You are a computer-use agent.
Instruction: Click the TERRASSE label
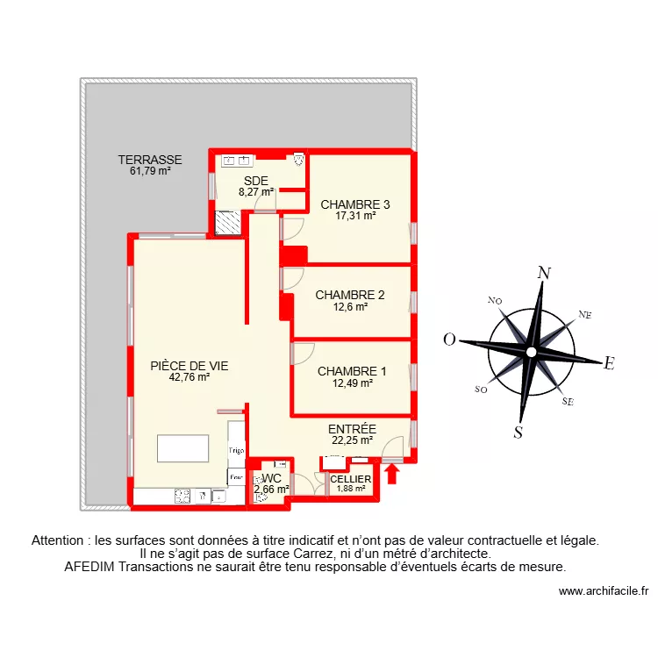pyautogui.click(x=150, y=160)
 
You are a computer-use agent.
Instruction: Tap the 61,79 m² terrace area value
pyautogui.click(x=150, y=171)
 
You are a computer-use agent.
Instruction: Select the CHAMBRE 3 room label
pyautogui.click(x=354, y=204)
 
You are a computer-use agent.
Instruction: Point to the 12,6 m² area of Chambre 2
pyautogui.click(x=350, y=307)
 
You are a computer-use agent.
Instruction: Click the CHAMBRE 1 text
pyautogui.click(x=351, y=371)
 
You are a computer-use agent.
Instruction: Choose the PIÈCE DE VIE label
pyautogui.click(x=190, y=366)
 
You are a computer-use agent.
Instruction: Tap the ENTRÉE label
pyautogui.click(x=352, y=429)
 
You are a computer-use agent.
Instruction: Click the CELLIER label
pyautogui.click(x=351, y=479)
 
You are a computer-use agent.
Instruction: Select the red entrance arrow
pyautogui.click(x=392, y=475)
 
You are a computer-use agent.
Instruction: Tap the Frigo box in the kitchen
pyautogui.click(x=236, y=450)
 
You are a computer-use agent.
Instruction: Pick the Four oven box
pyautogui.click(x=235, y=478)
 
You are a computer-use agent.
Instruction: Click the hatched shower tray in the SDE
pyautogui.click(x=228, y=223)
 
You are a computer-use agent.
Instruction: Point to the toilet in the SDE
pyautogui.click(x=298, y=160)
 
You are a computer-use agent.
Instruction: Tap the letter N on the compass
pyautogui.click(x=544, y=273)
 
